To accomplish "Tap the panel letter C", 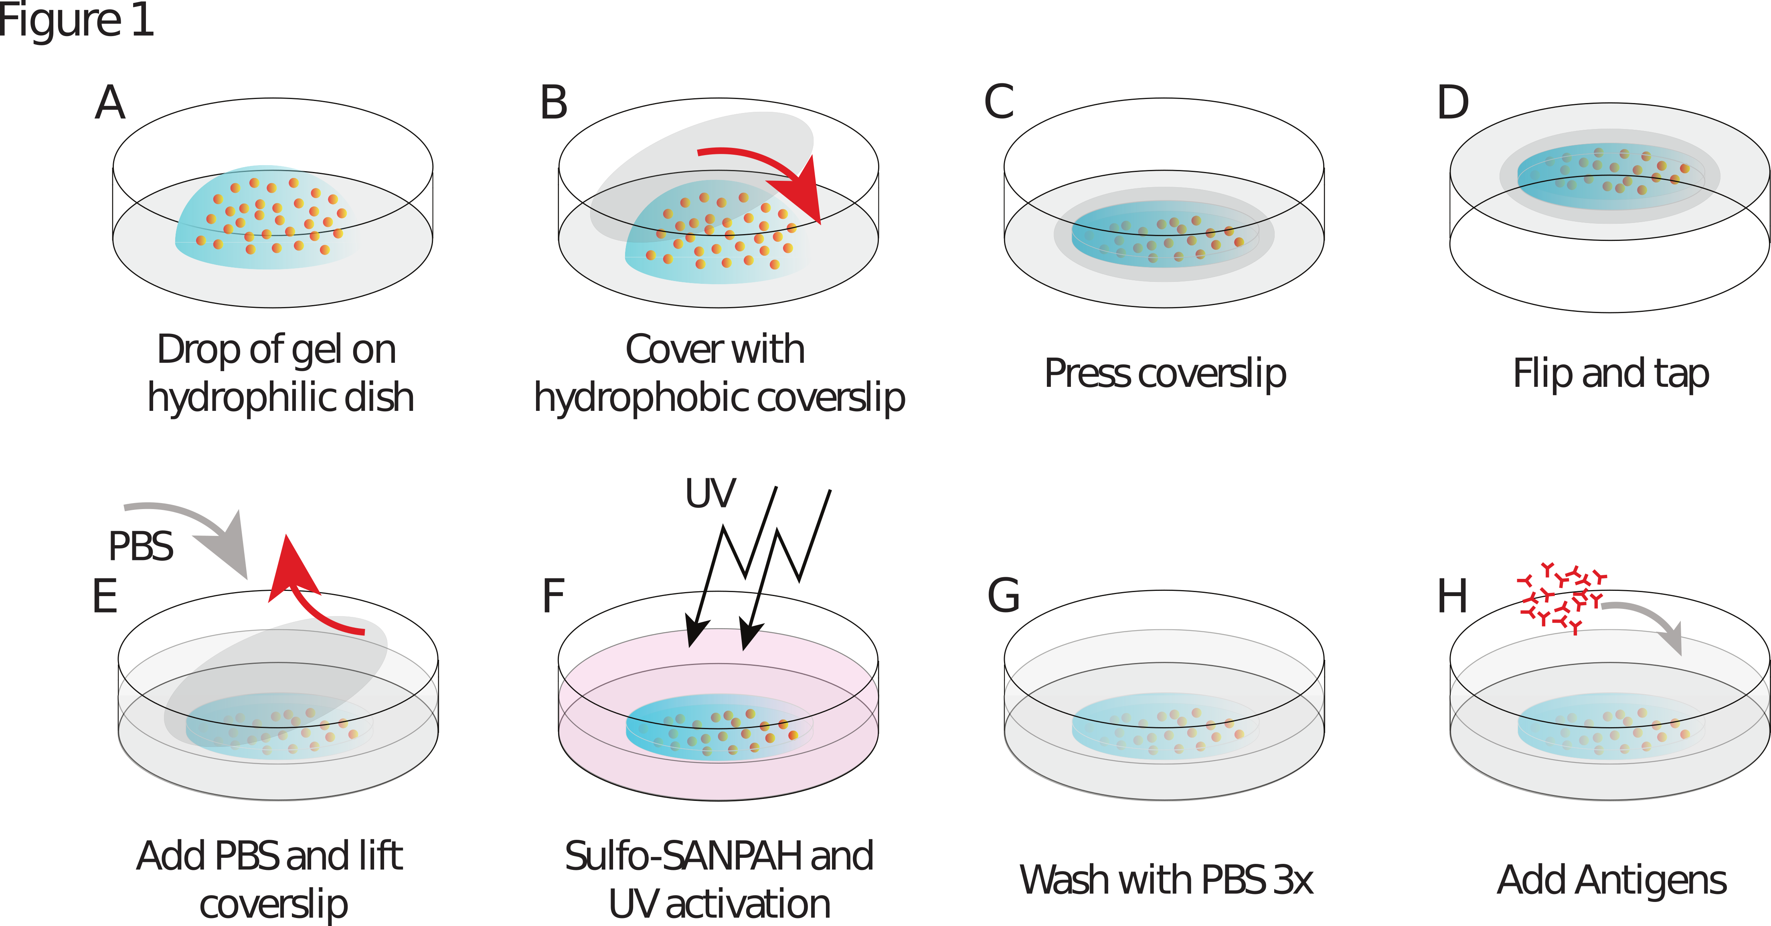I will pyautogui.click(x=999, y=103).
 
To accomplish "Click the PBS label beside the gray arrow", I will pyautogui.click(x=141, y=546).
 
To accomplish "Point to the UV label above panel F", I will pyautogui.click(x=710, y=493).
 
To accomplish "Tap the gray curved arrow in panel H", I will pyautogui.click(x=1650, y=619).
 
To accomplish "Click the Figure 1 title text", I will pyautogui.click(x=76, y=20).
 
